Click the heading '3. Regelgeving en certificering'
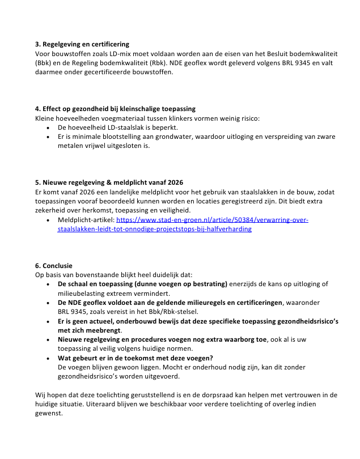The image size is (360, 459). pos(82,44)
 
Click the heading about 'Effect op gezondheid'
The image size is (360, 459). pos(115,109)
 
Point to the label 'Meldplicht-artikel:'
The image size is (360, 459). pos(86,219)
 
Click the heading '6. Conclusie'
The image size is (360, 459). pos(54,265)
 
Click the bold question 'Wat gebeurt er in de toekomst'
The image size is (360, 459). pos(135,358)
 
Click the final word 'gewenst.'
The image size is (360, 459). pos(49,413)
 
